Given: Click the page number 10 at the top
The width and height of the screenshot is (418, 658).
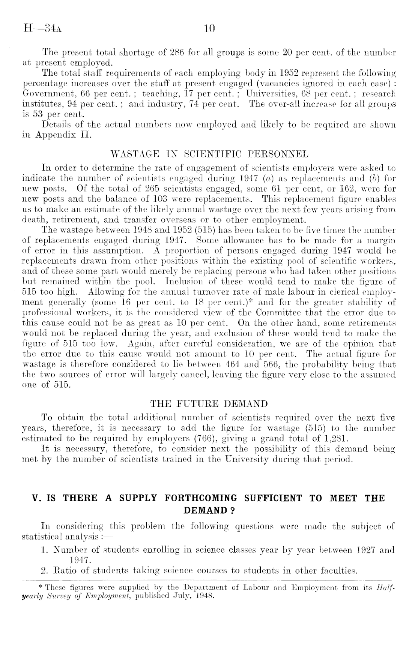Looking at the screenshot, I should point(209,28).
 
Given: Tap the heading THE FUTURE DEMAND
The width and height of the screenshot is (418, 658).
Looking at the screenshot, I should point(209,404).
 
